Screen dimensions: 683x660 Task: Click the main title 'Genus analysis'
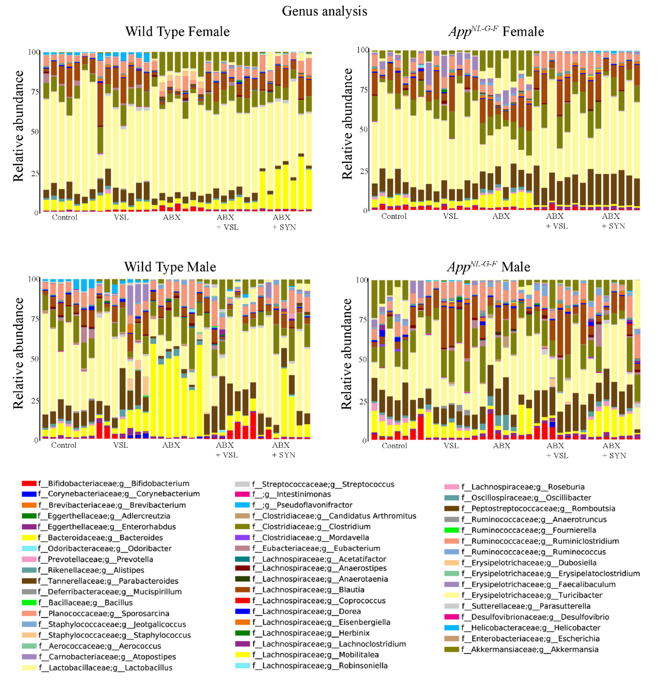(324, 11)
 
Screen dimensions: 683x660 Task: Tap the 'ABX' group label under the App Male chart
(501, 446)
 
